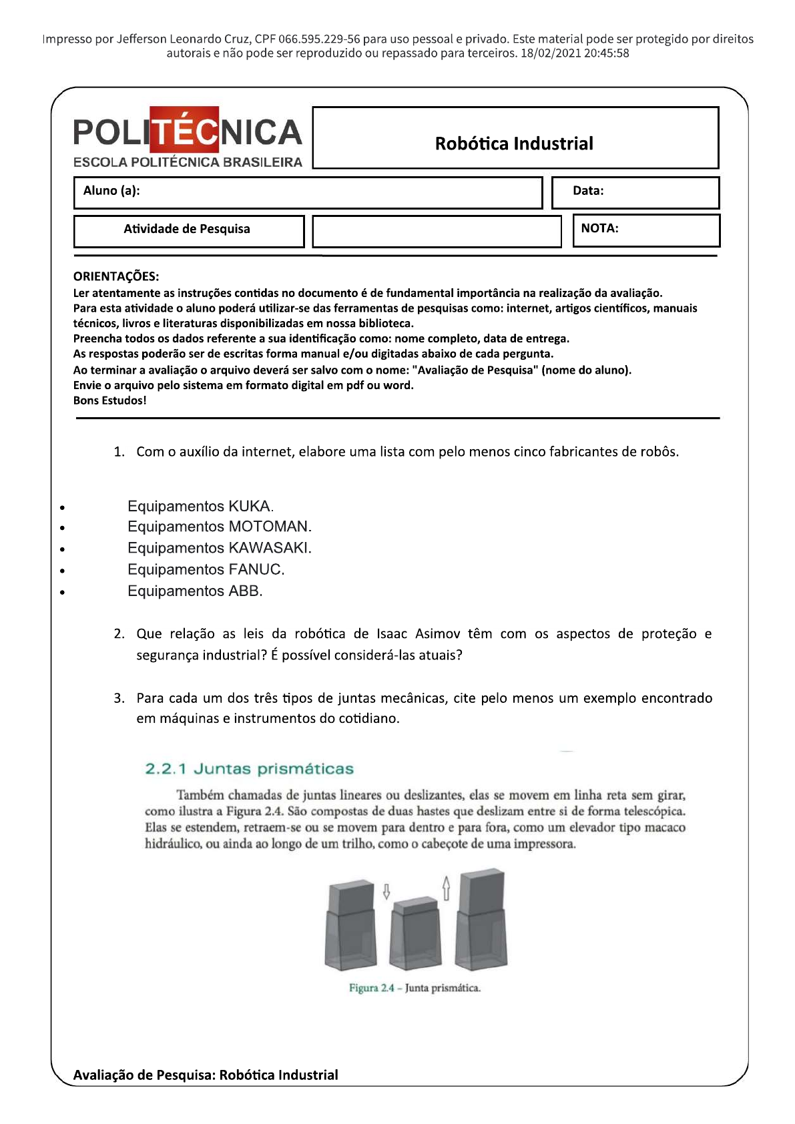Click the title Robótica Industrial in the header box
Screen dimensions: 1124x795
coord(514,144)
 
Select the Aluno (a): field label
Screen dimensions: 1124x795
coord(111,191)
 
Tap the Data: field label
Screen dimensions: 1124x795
coord(588,191)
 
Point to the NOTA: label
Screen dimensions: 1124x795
coord(599,228)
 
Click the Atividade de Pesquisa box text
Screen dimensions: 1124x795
coord(187,229)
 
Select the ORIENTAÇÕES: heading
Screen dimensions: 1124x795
coord(116,276)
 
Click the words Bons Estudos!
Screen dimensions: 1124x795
coord(110,400)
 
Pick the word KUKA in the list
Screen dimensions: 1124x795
coord(249,506)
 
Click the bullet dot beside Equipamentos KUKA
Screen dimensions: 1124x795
coord(62,508)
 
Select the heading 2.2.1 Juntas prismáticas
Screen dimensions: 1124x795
coord(249,768)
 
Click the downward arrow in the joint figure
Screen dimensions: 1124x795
coord(386,892)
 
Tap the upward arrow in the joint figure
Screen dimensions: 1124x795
coord(447,888)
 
